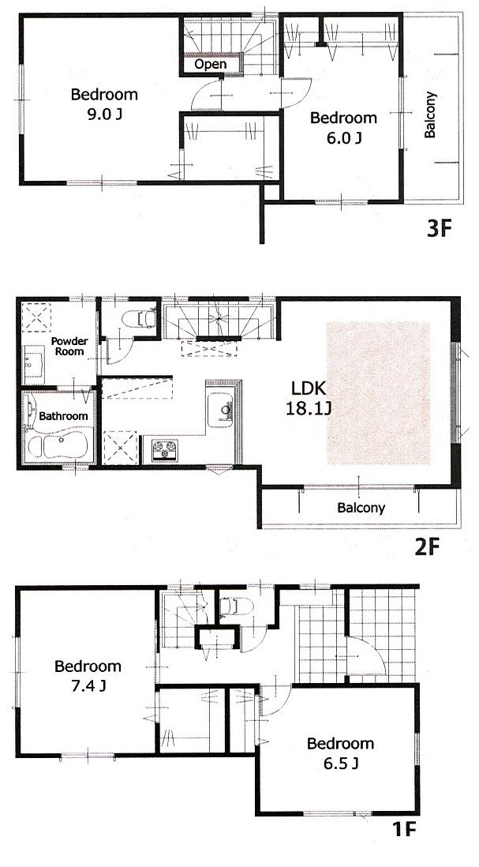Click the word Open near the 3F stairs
click(x=210, y=64)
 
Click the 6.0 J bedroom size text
click(x=343, y=138)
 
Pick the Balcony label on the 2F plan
click(x=361, y=508)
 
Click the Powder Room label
click(x=69, y=347)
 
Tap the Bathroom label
click(x=65, y=415)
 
